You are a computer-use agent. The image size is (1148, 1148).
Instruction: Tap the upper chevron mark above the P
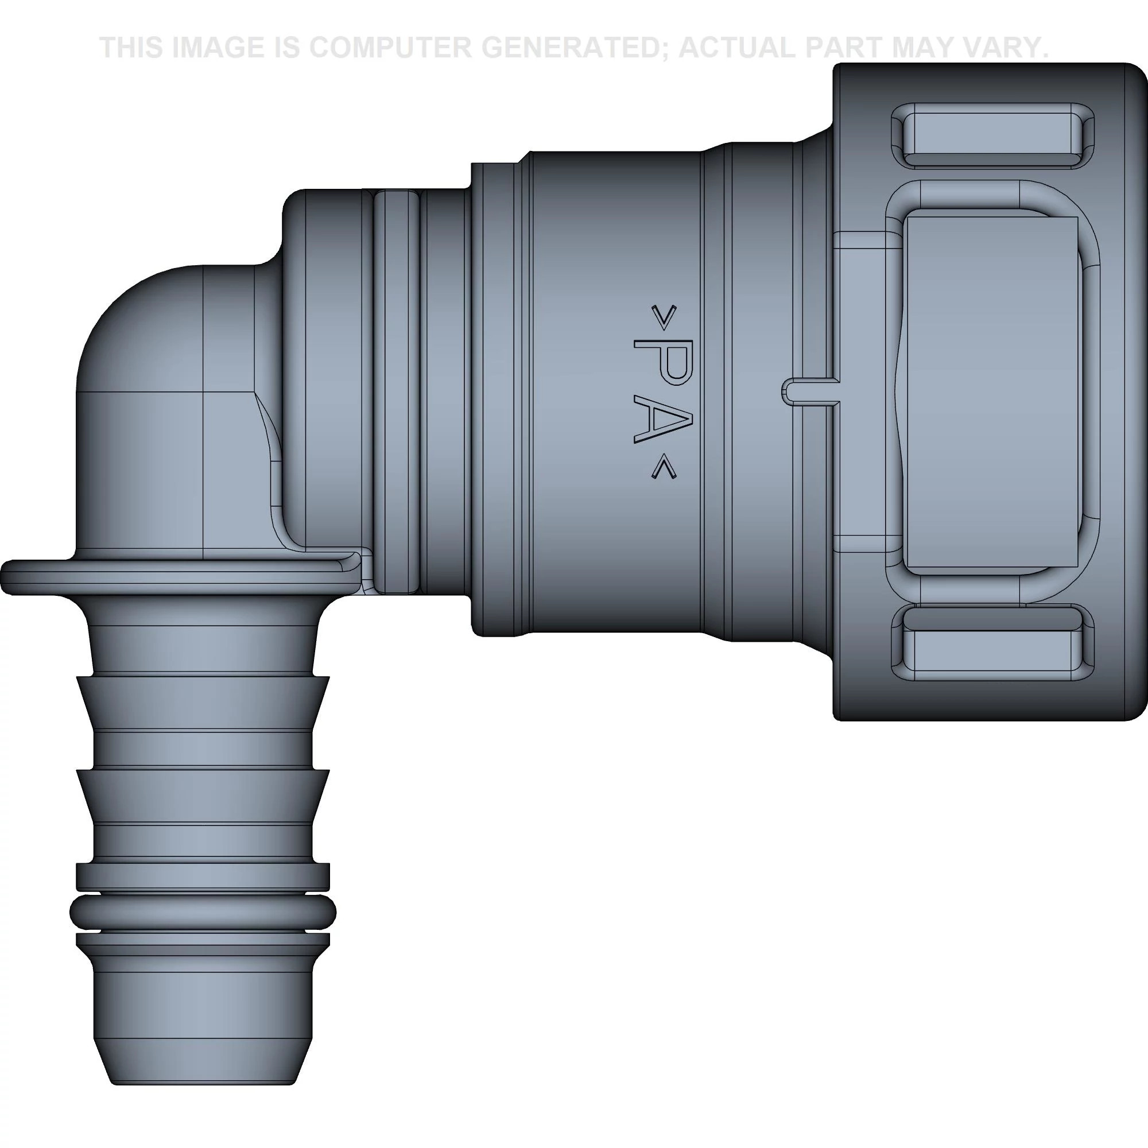coord(663,318)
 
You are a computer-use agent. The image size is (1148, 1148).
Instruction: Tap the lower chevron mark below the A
coord(663,470)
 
